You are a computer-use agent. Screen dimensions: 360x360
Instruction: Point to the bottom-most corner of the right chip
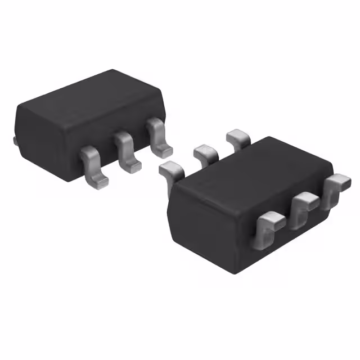231,273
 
